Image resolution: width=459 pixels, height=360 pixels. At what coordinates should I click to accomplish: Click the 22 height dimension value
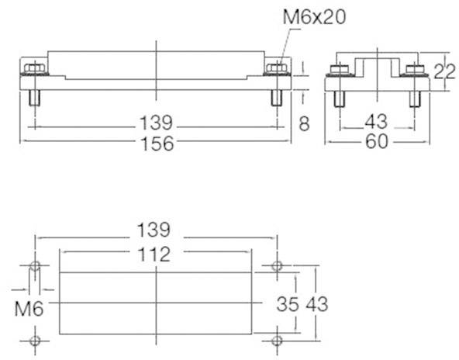pos(444,74)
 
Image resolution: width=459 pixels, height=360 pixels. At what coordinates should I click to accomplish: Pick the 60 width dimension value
pos(377,143)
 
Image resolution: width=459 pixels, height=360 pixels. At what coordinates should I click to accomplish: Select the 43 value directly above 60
pos(377,123)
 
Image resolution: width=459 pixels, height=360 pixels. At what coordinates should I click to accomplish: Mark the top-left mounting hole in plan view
pos(34,266)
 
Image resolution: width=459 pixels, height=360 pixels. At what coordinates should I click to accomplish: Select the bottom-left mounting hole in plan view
pos(34,339)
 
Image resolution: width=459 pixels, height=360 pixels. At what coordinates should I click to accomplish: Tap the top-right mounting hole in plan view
pos(278,266)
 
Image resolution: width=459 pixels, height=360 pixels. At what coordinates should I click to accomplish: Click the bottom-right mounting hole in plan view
pos(278,339)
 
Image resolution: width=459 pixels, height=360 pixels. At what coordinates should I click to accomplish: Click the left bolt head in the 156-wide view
pos(33,70)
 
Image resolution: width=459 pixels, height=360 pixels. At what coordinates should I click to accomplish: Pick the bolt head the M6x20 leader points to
pos(276,70)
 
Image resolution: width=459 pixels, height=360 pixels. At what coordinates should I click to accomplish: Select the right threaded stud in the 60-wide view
pos(414,99)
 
